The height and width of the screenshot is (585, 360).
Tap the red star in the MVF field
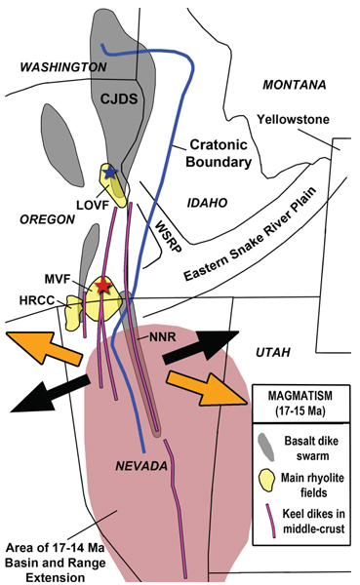pyautogui.click(x=101, y=287)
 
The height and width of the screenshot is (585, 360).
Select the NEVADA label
pyautogui.click(x=145, y=465)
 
